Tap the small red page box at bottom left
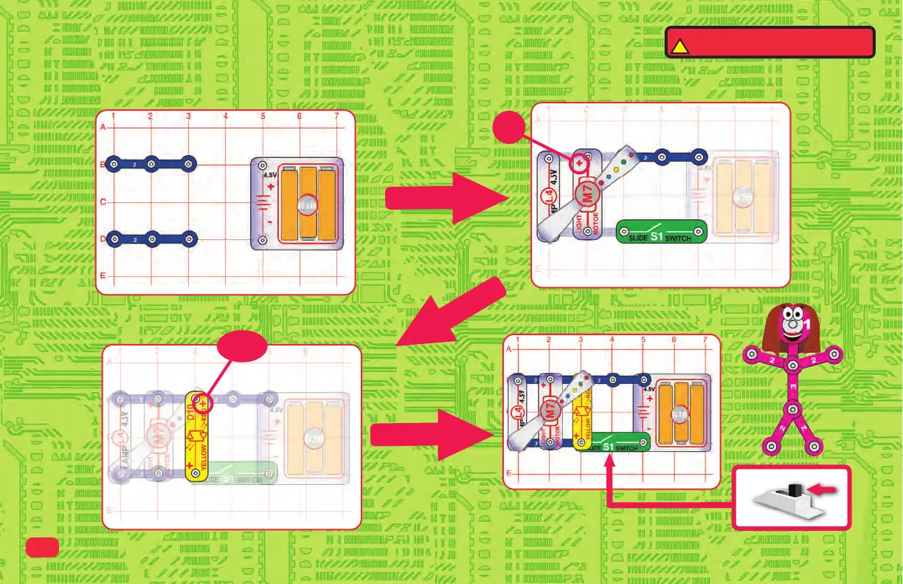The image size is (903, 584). pyautogui.click(x=43, y=546)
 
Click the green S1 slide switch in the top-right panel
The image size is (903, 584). pyautogui.click(x=661, y=232)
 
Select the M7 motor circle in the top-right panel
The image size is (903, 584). pyautogui.click(x=588, y=196)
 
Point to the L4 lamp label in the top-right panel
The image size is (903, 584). pyautogui.click(x=547, y=197)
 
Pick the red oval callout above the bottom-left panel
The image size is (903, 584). pyautogui.click(x=243, y=347)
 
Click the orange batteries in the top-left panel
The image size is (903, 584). pyautogui.click(x=307, y=203)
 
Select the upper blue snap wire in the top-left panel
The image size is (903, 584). pyautogui.click(x=151, y=163)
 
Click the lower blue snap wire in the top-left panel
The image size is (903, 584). pyautogui.click(x=151, y=239)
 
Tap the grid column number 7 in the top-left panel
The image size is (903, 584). pyautogui.click(x=336, y=117)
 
